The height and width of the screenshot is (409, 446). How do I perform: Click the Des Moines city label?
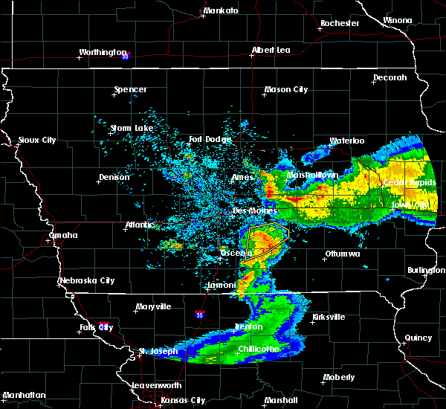(250, 210)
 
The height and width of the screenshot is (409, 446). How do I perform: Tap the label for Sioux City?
(36, 140)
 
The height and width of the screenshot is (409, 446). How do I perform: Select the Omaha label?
(63, 235)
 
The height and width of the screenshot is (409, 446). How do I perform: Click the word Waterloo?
(347, 141)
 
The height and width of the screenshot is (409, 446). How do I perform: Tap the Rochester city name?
(340, 23)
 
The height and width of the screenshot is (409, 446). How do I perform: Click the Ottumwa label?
(342, 254)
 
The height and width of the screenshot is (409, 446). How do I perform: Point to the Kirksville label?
(328, 317)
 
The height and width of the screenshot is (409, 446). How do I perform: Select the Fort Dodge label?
(210, 139)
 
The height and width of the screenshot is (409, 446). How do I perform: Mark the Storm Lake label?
(132, 128)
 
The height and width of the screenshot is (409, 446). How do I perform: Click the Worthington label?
(104, 52)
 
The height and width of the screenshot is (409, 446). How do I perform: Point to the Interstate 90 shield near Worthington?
(126, 56)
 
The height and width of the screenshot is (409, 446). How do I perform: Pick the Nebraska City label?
(87, 280)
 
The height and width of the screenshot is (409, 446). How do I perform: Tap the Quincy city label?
(418, 338)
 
